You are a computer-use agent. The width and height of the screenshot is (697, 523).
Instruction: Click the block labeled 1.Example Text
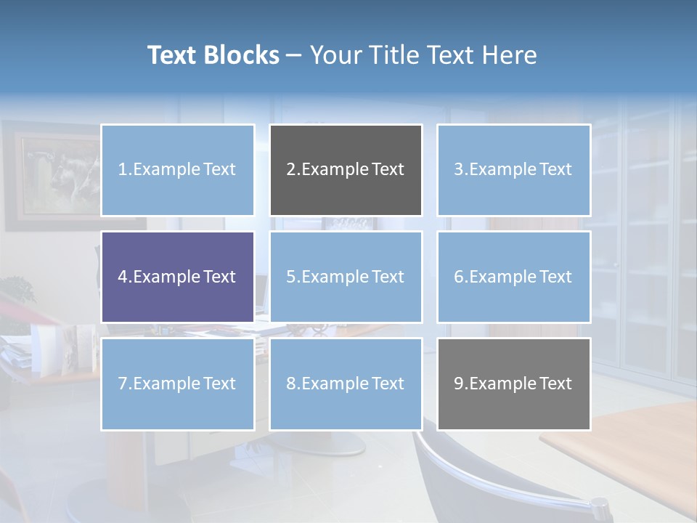[177, 170]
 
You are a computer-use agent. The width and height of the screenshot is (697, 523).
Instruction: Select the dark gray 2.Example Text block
[346, 170]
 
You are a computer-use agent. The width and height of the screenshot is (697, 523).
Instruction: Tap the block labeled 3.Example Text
[513, 170]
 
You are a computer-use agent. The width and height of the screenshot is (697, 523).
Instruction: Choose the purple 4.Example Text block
[177, 277]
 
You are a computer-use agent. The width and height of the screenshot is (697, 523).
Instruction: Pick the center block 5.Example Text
[346, 277]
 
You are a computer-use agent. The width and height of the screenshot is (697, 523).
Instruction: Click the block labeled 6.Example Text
[513, 277]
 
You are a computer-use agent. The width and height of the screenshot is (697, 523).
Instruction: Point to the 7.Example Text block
[177, 384]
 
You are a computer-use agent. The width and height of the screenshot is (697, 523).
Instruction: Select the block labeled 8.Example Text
[346, 384]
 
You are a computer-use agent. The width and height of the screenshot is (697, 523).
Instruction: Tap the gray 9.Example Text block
[513, 384]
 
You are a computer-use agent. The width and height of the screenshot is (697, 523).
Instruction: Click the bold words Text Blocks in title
[213, 55]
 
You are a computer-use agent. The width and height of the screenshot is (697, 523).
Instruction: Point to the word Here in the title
[510, 55]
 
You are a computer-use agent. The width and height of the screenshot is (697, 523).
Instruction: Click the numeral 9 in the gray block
[458, 384]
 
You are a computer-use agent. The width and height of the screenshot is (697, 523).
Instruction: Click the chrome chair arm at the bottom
[508, 479]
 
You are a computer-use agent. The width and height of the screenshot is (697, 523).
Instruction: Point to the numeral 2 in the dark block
[290, 170]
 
